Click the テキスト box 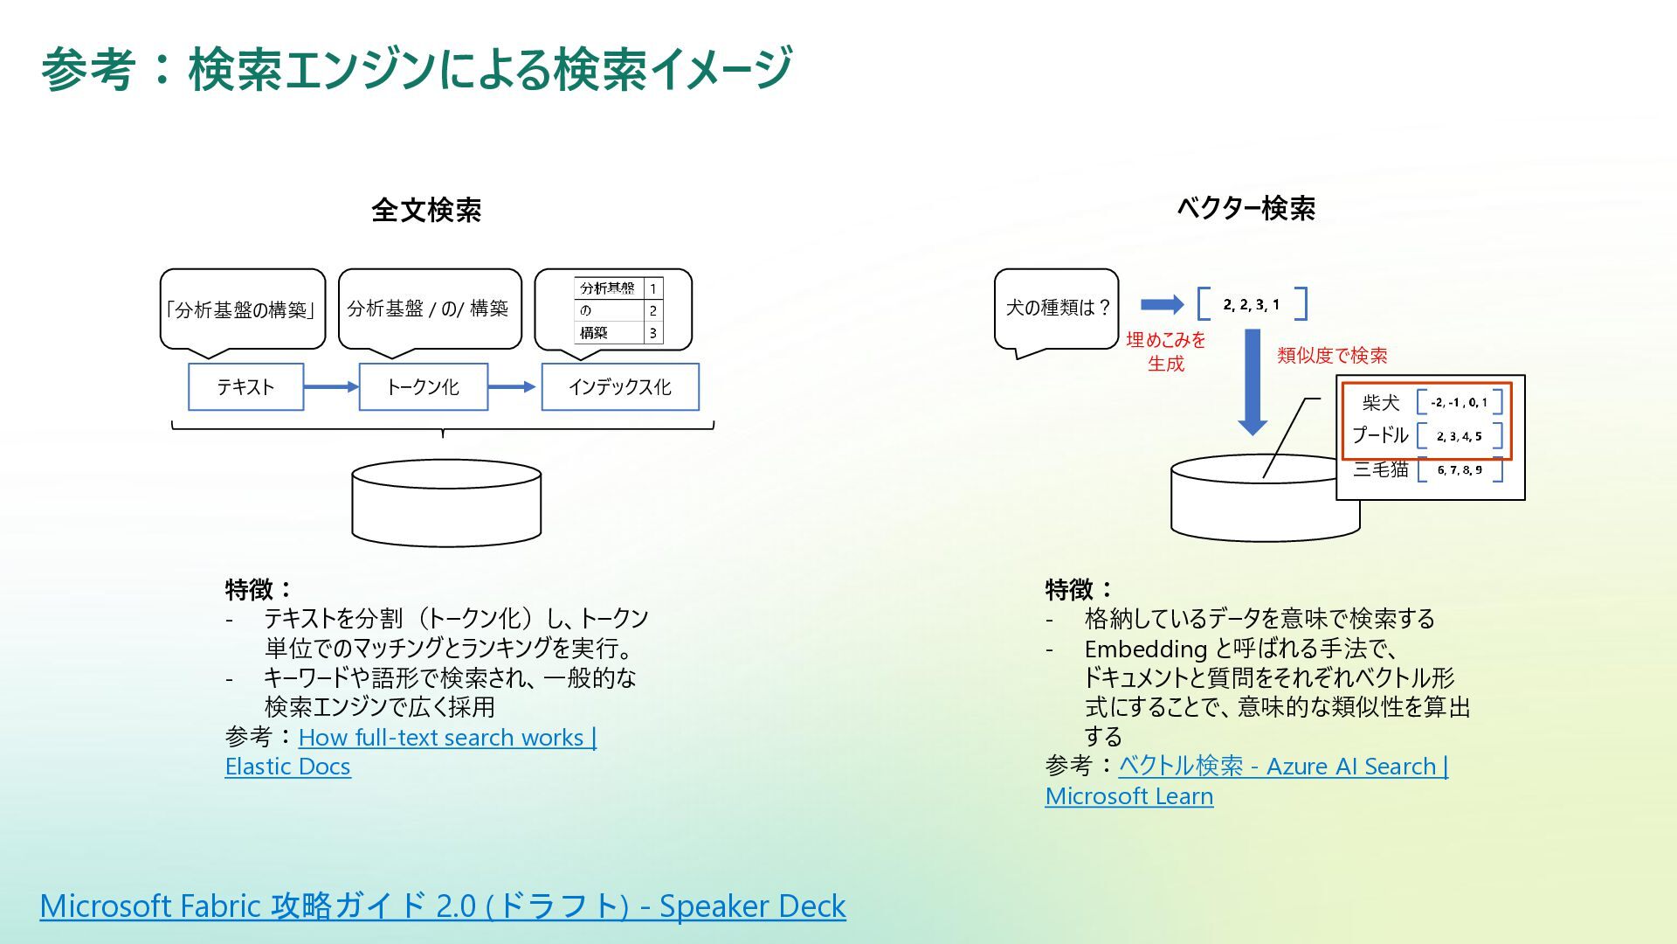245,387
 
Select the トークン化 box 423,387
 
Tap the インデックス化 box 620,387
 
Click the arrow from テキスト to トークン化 331,386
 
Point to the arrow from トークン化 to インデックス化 514,386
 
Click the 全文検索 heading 426,210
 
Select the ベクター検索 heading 1246,208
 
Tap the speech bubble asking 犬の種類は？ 1057,309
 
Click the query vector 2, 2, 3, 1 1252,304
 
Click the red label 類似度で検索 1332,356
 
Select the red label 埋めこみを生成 1166,351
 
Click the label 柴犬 1380,402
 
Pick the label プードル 1380,435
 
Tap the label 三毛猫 1380,469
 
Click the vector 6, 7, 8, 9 1460,470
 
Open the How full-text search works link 447,738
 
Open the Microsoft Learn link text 1129,796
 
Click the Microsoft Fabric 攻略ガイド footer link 443,906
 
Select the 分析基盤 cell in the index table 608,288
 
